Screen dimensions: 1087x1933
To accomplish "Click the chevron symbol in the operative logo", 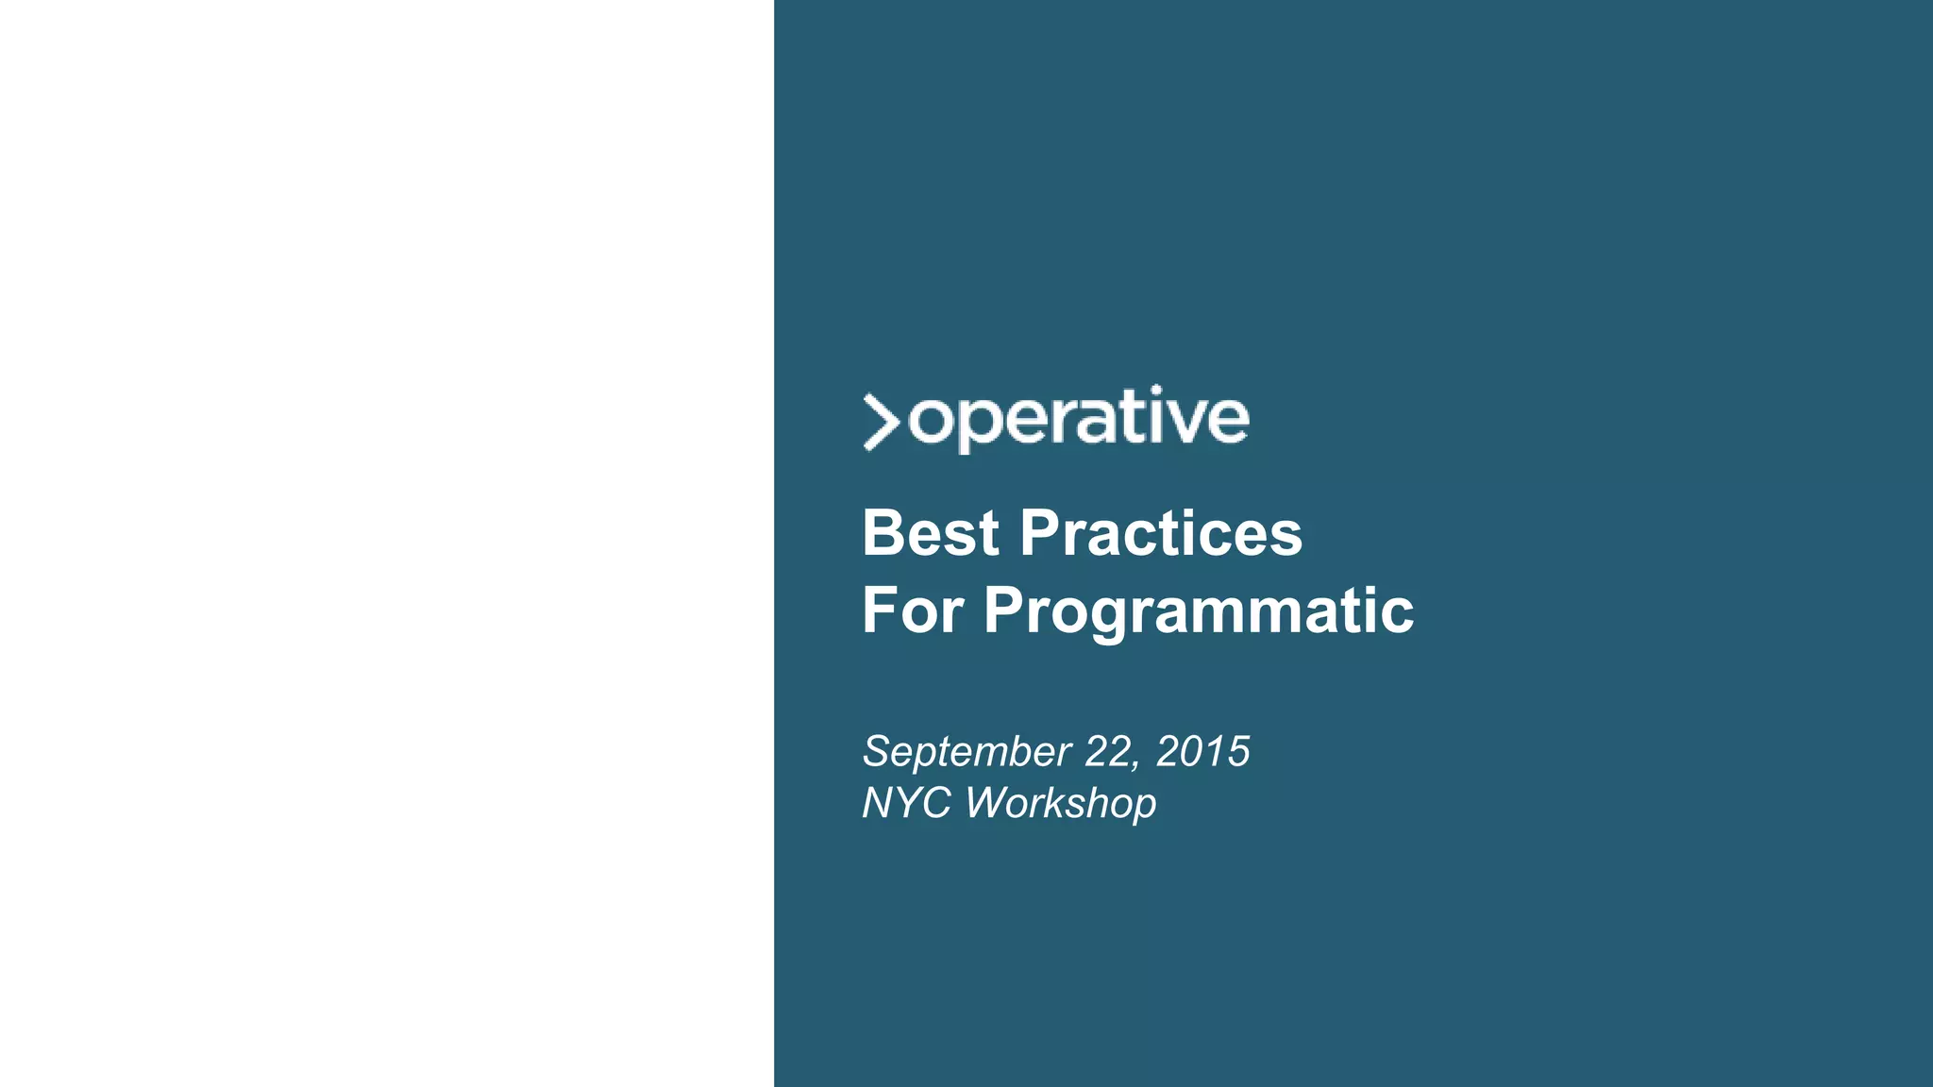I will tap(881, 422).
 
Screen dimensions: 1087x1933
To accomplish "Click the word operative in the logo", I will tap(1078, 418).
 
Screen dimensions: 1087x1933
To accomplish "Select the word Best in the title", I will tap(930, 533).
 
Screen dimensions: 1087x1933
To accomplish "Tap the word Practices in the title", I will tap(1161, 533).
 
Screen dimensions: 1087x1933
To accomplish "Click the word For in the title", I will tap(913, 610).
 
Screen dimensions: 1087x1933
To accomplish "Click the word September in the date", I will tap(966, 753).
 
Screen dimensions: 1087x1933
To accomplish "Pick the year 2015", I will tap(1202, 751).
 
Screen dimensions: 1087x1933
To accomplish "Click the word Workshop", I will tap(1060, 804).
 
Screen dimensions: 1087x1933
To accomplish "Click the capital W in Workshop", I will tap(987, 803).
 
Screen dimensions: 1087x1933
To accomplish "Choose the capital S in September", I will tap(879, 751).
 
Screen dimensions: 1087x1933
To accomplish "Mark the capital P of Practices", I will tap(1040, 533).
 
